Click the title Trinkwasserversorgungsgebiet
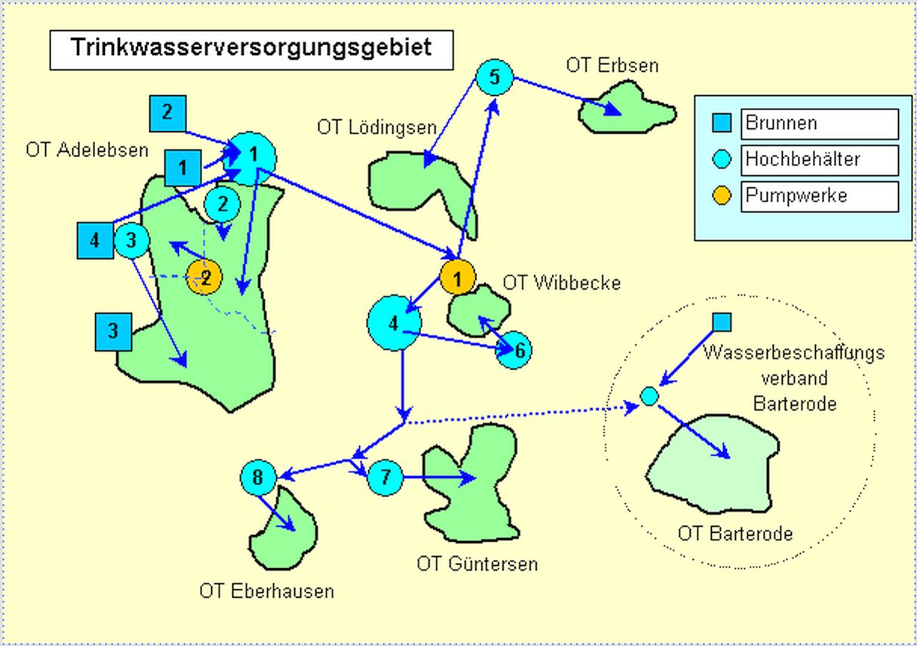[x=251, y=48]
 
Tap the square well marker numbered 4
[x=95, y=241]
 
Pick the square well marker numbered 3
[x=113, y=332]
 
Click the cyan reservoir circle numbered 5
[x=495, y=77]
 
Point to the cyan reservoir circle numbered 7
[x=385, y=478]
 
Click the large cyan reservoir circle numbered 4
[x=393, y=324]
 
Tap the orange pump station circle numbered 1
[x=457, y=278]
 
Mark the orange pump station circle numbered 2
[x=204, y=278]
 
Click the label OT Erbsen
[x=612, y=66]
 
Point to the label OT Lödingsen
[x=376, y=127]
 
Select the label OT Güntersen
[x=477, y=564]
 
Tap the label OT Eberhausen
[x=266, y=591]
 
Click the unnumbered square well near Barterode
[x=722, y=322]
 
